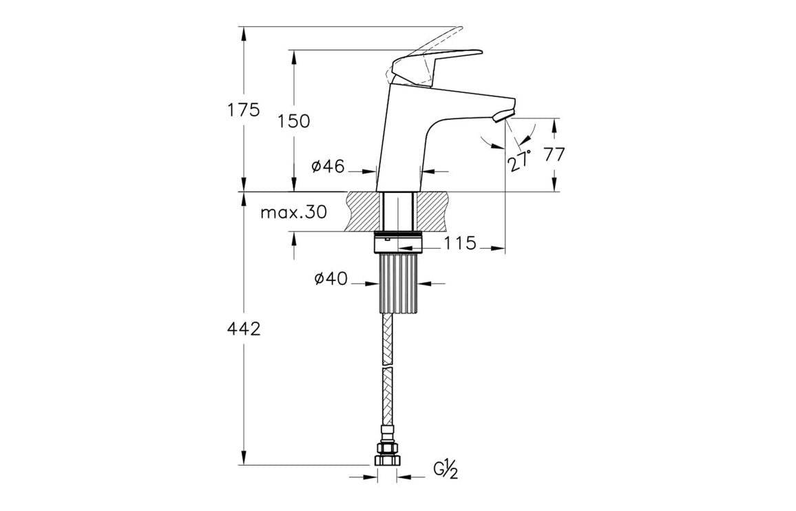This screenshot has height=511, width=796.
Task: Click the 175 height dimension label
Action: tap(244, 109)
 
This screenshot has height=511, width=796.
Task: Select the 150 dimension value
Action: tap(294, 121)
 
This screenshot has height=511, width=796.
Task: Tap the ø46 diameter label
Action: tap(328, 167)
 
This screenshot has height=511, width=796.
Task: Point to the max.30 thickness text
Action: tap(293, 212)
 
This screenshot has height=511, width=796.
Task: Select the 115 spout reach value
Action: tap(459, 243)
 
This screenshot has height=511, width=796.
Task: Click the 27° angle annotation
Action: tap(520, 159)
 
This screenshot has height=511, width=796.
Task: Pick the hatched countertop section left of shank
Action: tap(364, 211)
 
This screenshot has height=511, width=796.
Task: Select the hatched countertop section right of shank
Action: tap(432, 211)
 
